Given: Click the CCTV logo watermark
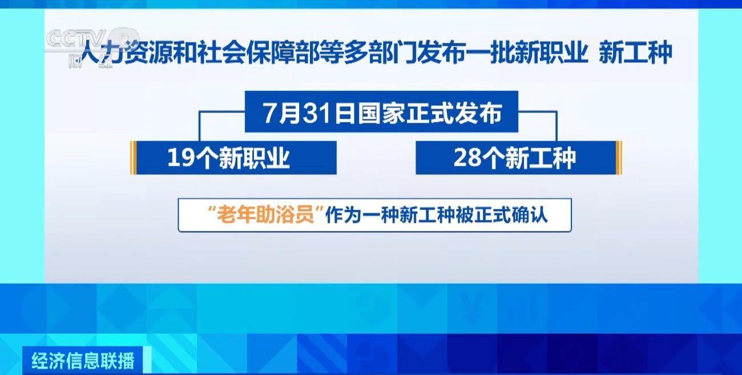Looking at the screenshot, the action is tap(91, 46).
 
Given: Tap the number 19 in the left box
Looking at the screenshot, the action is tap(181, 158).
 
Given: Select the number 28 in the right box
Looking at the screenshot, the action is tap(467, 158).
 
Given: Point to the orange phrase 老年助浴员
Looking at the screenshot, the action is tap(265, 215).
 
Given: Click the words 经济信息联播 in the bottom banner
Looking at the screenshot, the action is tap(83, 361).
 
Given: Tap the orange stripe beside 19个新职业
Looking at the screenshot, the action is tap(133, 158).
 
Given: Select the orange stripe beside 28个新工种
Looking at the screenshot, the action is tap(619, 158).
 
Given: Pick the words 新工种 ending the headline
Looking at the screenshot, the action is tap(635, 53).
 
